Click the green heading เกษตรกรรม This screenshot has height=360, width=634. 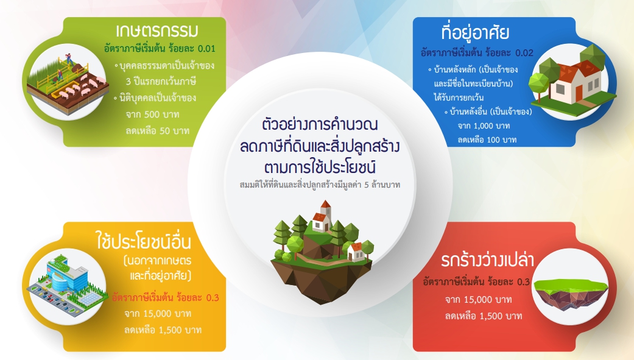[x=157, y=30]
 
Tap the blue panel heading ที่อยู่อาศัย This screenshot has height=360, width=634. [x=474, y=32]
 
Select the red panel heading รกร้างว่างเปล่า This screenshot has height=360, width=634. [x=487, y=260]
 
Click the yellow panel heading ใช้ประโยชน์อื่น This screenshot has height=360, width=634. [x=144, y=241]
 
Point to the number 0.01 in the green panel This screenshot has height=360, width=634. [x=206, y=49]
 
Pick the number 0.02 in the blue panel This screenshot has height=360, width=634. [x=524, y=53]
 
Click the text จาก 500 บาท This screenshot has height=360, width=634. [x=152, y=115]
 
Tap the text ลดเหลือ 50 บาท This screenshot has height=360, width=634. [x=158, y=131]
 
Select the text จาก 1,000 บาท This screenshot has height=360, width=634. [x=484, y=126]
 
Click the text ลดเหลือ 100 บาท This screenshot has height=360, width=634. [x=487, y=140]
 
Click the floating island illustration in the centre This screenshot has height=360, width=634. [x=322, y=253]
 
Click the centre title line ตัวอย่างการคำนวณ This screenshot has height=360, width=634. [x=320, y=125]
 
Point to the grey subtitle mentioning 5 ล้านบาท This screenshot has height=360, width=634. [x=320, y=185]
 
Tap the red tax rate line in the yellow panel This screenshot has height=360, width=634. [x=166, y=298]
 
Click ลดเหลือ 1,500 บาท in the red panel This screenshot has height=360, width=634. [x=484, y=316]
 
